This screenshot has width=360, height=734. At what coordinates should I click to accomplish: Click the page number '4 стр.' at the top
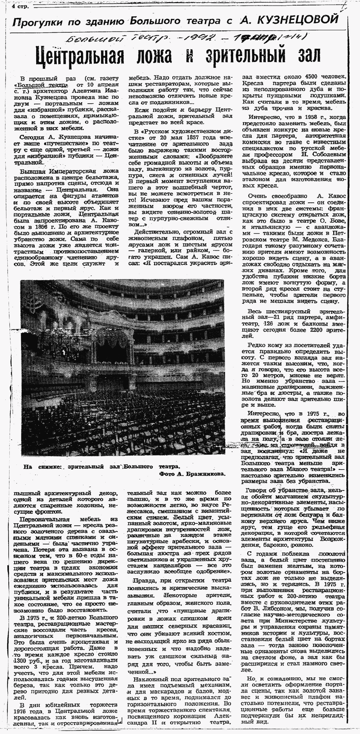(20, 7)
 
